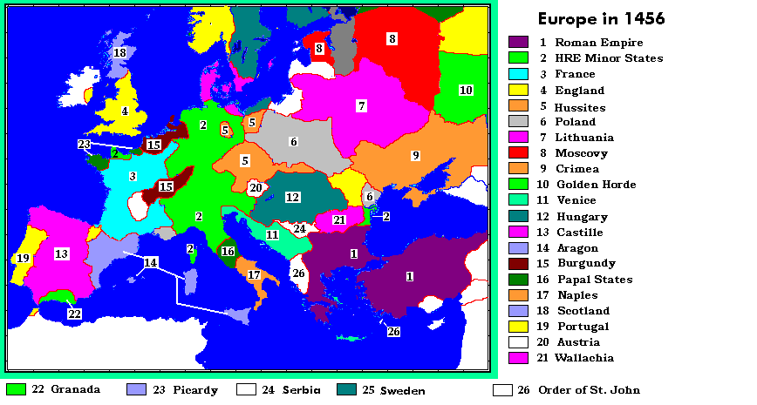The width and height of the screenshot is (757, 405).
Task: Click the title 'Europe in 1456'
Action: (x=601, y=19)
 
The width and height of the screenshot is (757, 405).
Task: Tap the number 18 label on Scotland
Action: (x=119, y=53)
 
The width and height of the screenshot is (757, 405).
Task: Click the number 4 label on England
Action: (x=125, y=111)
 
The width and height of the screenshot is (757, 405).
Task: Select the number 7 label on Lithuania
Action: (x=361, y=105)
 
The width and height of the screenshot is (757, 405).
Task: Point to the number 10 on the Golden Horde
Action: (x=466, y=90)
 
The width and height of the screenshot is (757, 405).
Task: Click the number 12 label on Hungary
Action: (x=293, y=198)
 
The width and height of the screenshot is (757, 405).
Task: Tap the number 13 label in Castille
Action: (x=61, y=253)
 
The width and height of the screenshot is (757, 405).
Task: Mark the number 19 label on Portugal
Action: (x=23, y=258)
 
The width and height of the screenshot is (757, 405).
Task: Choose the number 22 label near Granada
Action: (x=74, y=314)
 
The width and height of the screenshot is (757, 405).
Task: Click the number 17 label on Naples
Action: (x=254, y=275)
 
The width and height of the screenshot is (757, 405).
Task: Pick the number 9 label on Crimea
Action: (x=416, y=155)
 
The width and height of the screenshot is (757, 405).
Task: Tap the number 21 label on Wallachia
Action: (x=339, y=219)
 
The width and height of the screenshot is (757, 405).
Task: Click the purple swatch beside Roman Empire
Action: (x=519, y=42)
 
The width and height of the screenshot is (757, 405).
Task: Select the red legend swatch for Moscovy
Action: (x=519, y=153)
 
